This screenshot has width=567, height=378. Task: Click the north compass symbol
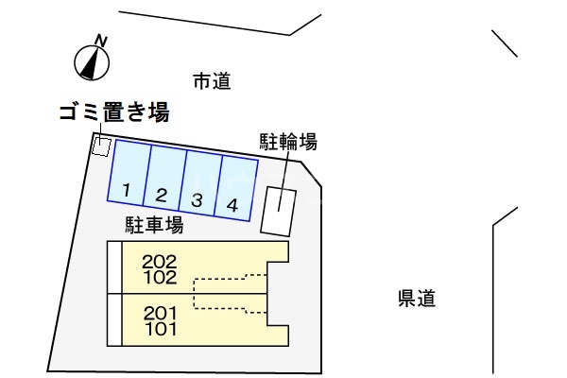pos(90,61)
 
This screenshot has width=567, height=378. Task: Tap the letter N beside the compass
pos(101,40)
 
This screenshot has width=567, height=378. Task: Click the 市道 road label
pos(212,82)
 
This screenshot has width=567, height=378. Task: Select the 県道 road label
pos(416,300)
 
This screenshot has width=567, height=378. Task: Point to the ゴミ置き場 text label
pos(113,114)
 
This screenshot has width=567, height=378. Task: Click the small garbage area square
pos(101,146)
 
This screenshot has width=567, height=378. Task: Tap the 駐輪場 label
pos(288,142)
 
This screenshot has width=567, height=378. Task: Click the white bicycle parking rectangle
pos(279,210)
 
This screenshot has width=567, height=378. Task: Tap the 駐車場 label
pos(154,225)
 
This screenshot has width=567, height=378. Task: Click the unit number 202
pos(160,261)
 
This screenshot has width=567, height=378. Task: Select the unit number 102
pos(160,278)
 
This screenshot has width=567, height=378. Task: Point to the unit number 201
pos(160,313)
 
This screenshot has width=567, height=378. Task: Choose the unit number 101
pos(160,330)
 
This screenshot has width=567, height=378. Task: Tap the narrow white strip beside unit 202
pos(114,268)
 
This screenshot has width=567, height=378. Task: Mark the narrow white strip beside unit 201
pos(114,320)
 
